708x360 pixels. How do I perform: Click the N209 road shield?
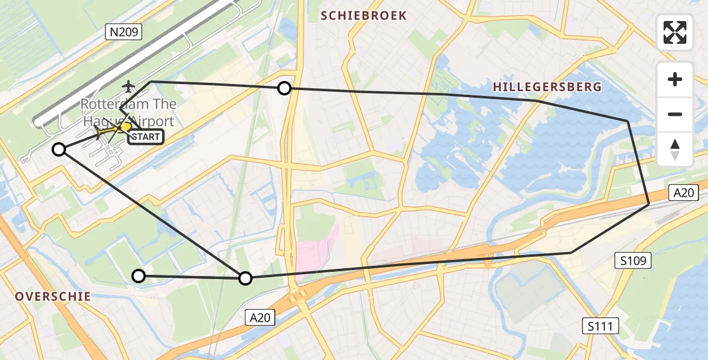pos(124,32)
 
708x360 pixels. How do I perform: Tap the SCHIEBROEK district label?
pos(364,16)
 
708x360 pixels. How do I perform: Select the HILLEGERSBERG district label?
pos(547,87)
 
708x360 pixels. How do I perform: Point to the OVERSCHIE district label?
pos(53,296)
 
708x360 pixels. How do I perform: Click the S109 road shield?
pos(633,260)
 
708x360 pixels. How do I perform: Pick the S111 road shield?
pos(601,326)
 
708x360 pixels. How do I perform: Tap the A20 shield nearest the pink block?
pos(260,318)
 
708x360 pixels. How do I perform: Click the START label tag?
pos(145,137)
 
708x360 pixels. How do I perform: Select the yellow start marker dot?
pos(125,127)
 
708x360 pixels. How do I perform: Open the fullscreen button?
pos(675,32)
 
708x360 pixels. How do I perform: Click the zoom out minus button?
pos(675,114)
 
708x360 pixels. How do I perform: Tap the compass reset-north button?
pos(675,149)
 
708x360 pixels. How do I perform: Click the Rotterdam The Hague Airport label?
pos(128,113)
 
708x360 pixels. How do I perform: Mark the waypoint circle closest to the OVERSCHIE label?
pos(139,276)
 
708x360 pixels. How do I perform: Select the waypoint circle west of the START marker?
pos(59,149)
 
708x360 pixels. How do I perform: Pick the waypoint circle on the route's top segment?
pos(284,89)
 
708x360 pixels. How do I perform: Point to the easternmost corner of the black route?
pos(649,205)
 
